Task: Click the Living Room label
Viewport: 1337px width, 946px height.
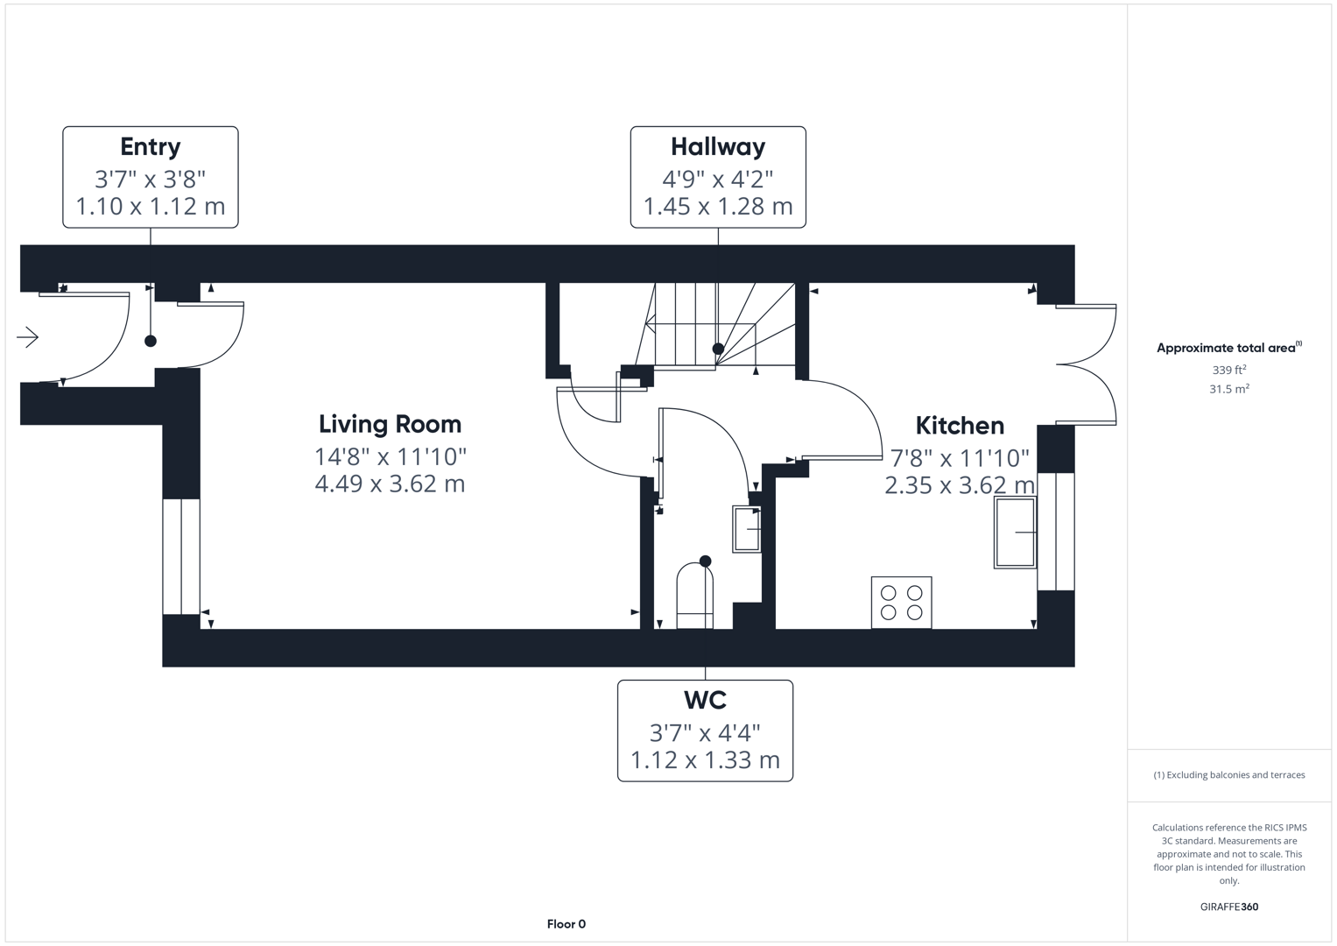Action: click(x=390, y=424)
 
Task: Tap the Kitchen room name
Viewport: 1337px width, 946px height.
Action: click(x=960, y=426)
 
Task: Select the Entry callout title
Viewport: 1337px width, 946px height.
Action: click(x=151, y=146)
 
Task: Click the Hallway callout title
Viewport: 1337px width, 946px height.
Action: click(x=718, y=146)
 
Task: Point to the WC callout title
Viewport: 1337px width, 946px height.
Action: click(x=705, y=700)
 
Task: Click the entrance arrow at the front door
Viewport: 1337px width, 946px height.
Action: click(x=28, y=337)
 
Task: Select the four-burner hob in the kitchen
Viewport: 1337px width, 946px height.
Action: click(x=901, y=603)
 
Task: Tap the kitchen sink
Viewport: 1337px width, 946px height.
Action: click(x=1015, y=533)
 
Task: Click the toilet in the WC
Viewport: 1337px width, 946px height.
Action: click(x=695, y=597)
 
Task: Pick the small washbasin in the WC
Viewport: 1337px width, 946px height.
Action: click(x=747, y=529)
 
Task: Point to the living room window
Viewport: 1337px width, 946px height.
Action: click(x=181, y=556)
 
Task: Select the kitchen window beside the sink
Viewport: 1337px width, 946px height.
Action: click(x=1056, y=532)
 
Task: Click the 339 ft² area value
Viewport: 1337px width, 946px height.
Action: click(x=1228, y=370)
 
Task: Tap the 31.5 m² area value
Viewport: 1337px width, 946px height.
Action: click(x=1228, y=389)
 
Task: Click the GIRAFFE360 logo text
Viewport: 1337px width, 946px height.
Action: click(x=1228, y=907)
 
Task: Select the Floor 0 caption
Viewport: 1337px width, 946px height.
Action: click(x=566, y=924)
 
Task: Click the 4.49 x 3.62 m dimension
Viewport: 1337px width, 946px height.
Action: click(x=390, y=484)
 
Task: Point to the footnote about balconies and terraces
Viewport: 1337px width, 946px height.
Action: click(x=1228, y=775)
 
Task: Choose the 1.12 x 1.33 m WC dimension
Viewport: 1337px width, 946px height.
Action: click(x=705, y=760)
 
